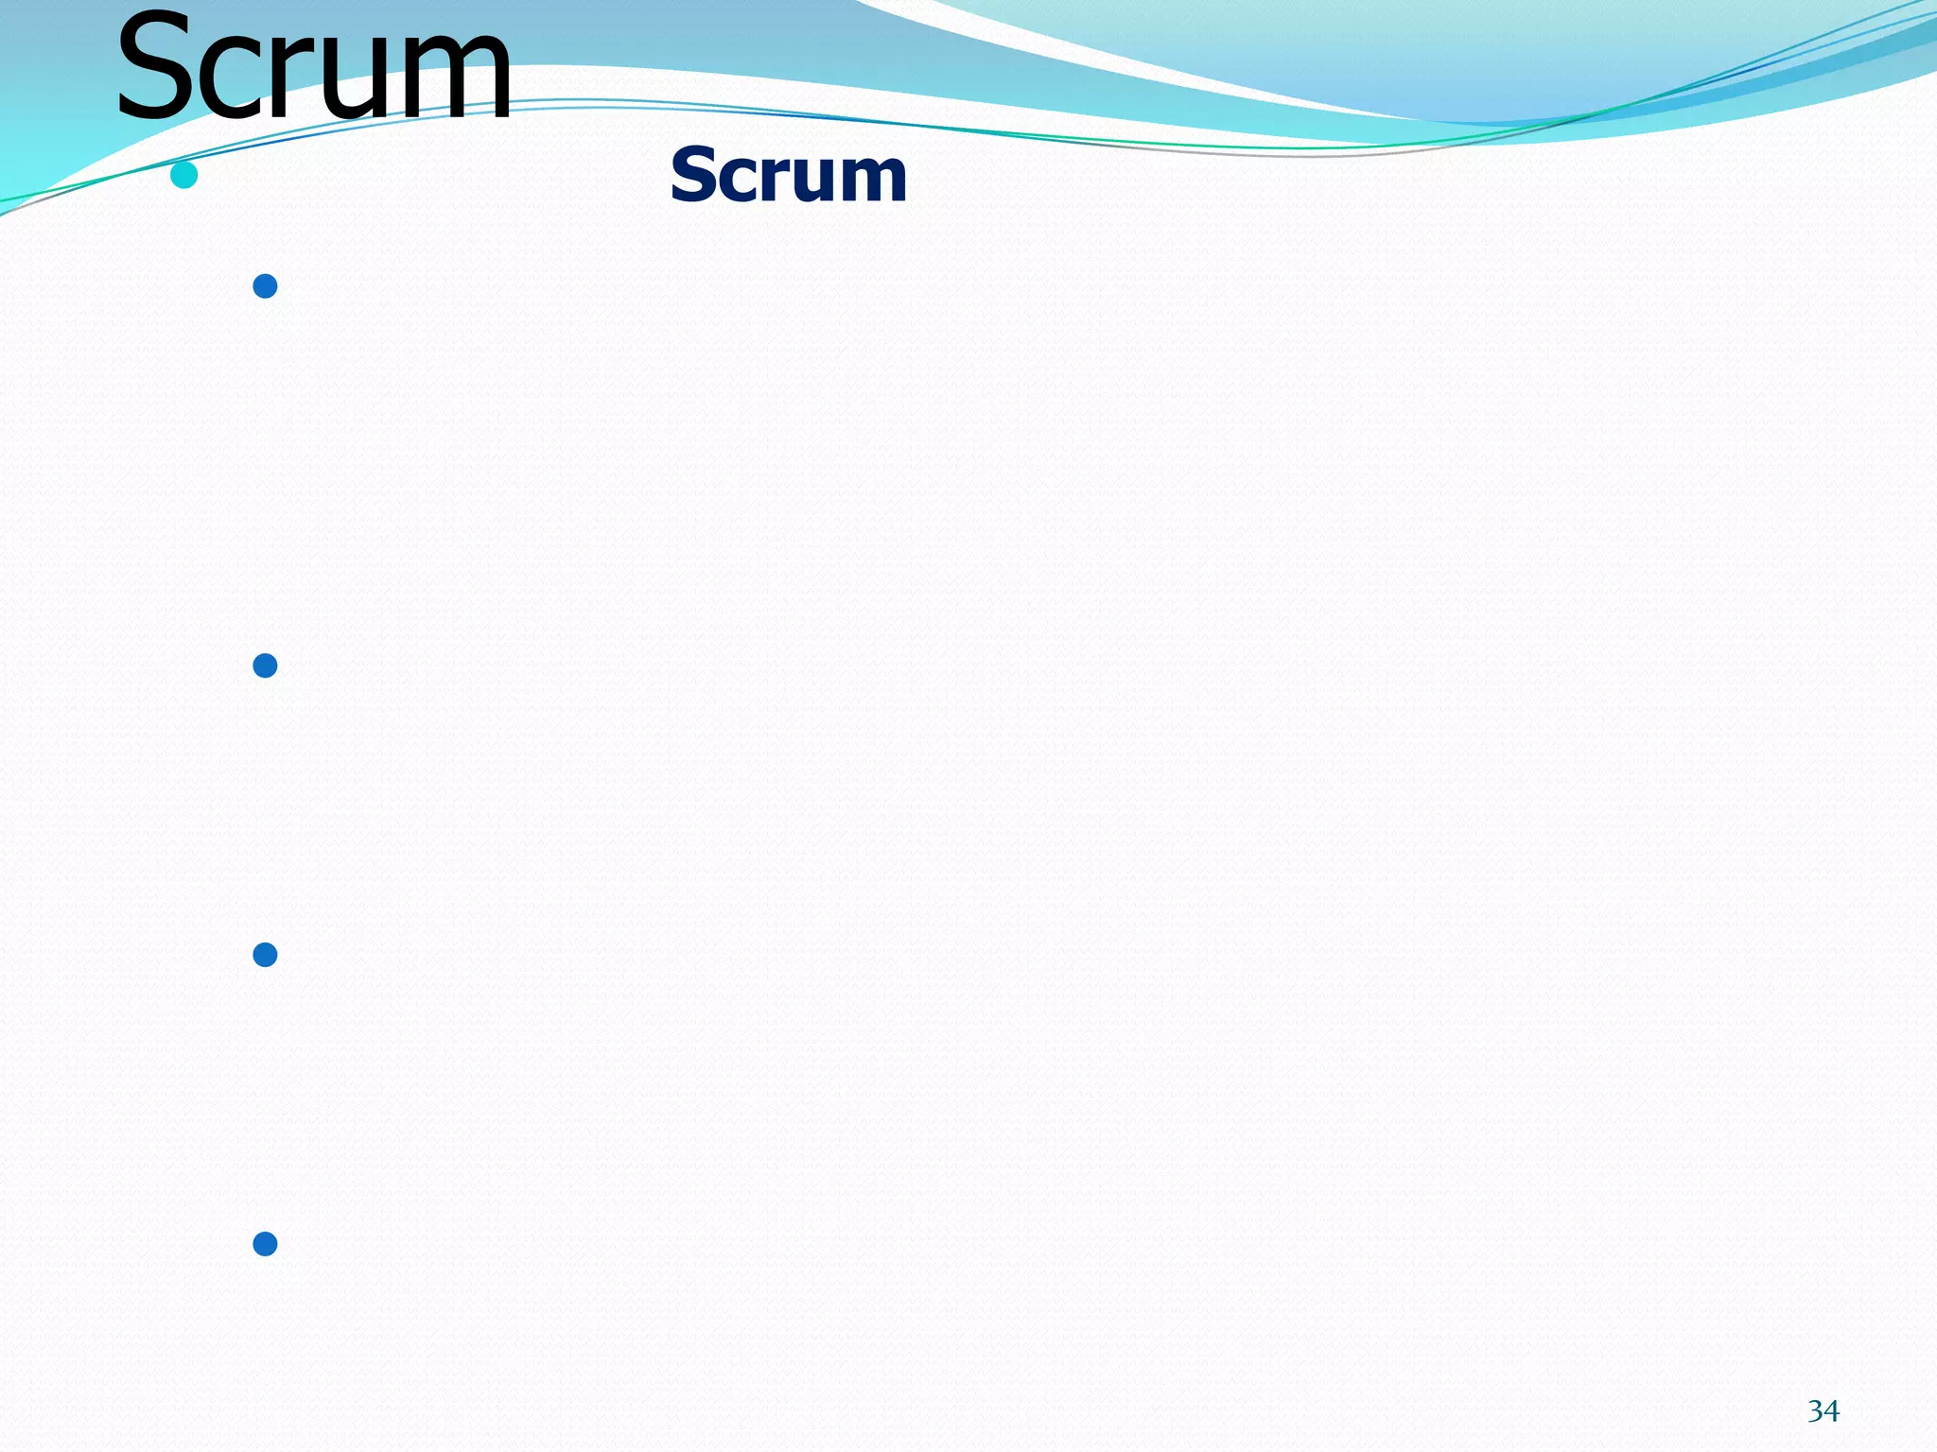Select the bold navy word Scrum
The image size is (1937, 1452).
tap(788, 176)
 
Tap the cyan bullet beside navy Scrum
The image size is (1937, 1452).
tap(183, 175)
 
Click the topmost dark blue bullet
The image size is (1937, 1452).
tap(265, 285)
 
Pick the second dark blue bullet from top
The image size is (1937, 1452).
tap(265, 665)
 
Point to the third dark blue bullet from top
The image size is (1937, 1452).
tap(265, 955)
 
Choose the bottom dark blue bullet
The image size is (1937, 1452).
tap(265, 1243)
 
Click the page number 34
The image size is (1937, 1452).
tap(1823, 1411)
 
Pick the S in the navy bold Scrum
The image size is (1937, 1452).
tap(694, 176)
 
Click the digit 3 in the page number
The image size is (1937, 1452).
tap(1815, 1411)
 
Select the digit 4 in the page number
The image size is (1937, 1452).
tap(1831, 1411)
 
